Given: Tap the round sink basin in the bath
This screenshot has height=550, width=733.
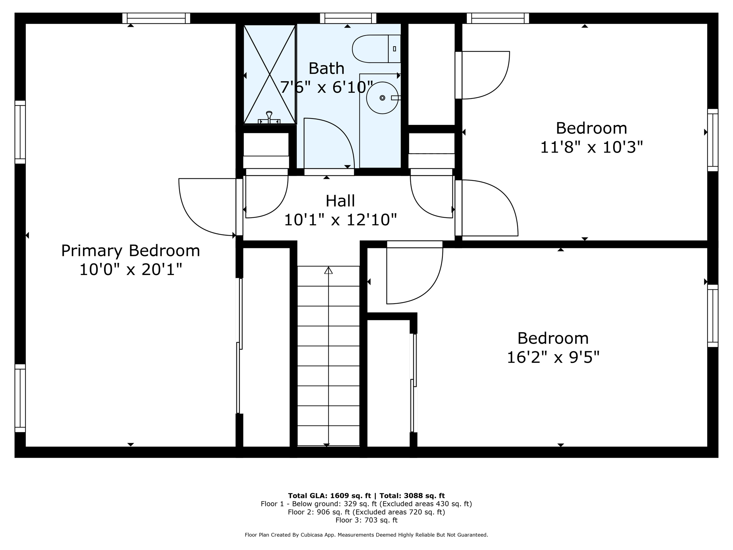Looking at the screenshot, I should tap(382, 98).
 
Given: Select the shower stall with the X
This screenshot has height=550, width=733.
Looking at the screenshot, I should tap(269, 74).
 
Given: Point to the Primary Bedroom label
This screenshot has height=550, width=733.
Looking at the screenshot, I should tap(130, 251).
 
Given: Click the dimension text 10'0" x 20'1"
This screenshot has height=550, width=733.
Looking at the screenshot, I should tap(130, 270).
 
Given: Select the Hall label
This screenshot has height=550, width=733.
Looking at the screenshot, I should tap(340, 201).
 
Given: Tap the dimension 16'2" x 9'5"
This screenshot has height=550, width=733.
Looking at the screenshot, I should tap(553, 357).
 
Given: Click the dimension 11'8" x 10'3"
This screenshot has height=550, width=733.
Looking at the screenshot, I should tap(591, 147).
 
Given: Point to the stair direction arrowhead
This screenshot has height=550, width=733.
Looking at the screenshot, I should tap(328, 270).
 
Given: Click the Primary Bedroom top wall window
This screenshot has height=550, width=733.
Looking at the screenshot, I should tap(156, 18).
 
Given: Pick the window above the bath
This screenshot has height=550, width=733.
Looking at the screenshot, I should tap(348, 18).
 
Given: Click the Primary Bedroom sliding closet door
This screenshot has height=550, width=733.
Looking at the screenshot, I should tap(239, 346).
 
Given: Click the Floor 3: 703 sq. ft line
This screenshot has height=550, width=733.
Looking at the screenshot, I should tap(366, 520).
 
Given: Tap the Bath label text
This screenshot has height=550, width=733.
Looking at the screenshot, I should tap(326, 68).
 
